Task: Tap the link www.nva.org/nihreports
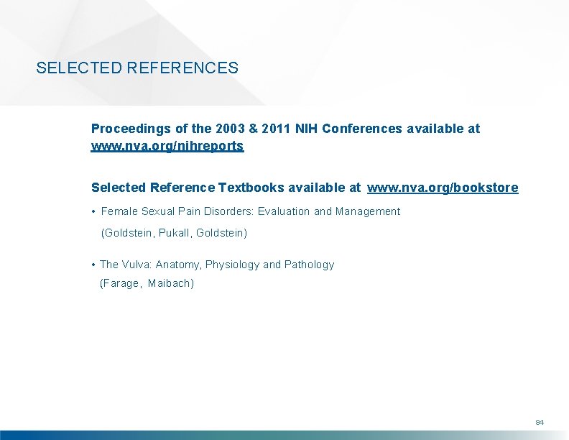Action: coord(167,146)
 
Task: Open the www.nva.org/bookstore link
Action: coord(443,188)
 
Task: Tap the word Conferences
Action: coord(363,129)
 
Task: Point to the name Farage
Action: coord(121,283)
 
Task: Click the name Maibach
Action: coord(170,283)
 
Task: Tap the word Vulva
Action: coord(137,265)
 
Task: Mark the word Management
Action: coord(368,211)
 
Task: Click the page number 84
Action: coord(540,421)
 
